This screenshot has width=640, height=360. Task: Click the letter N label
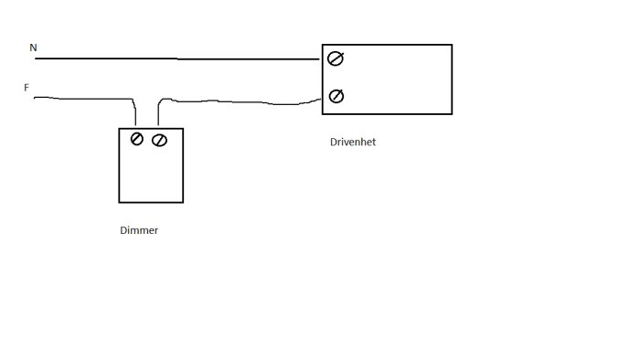(33, 48)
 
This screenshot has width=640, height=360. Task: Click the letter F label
(27, 88)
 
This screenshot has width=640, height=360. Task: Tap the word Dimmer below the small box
(139, 230)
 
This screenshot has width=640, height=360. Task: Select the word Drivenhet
(353, 142)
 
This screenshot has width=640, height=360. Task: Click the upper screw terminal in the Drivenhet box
(336, 58)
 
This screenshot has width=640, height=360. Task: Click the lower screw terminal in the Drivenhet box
(336, 96)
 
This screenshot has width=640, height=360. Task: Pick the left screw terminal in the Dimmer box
(137, 139)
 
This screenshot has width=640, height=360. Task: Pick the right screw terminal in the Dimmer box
(159, 140)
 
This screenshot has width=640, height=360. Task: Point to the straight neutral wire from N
(177, 58)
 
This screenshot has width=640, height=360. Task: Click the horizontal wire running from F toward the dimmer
(84, 99)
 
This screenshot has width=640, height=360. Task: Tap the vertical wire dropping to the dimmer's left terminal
(134, 112)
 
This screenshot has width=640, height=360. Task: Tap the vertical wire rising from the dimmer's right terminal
(158, 113)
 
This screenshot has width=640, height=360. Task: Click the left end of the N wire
(35, 58)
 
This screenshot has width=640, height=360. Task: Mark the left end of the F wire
(34, 98)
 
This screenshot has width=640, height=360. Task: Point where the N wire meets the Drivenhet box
(320, 59)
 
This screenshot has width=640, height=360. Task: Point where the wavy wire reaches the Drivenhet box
(321, 99)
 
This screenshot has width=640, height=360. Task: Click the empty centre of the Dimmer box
(151, 174)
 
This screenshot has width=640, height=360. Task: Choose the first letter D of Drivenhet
(334, 142)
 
